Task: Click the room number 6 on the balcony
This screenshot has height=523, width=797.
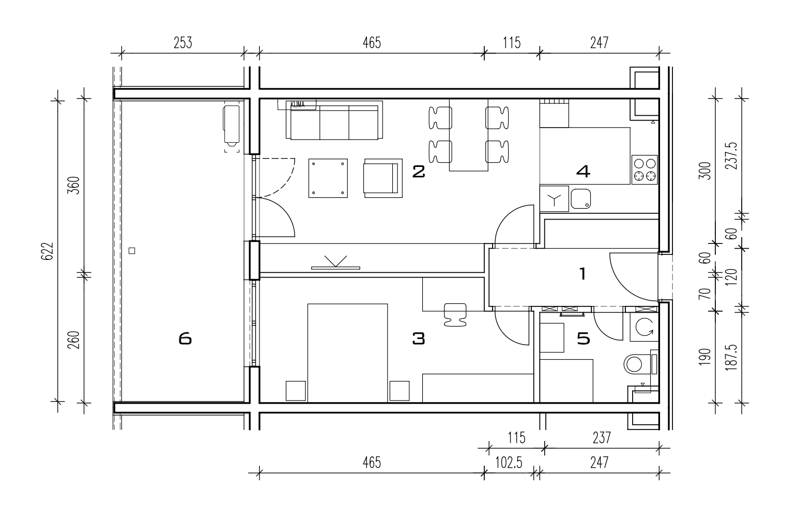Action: (185, 339)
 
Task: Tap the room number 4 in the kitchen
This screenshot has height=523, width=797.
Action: (583, 172)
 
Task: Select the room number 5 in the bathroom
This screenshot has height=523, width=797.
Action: (584, 339)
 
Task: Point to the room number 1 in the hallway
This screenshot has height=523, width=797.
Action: (583, 273)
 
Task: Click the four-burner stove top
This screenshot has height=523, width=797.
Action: (645, 170)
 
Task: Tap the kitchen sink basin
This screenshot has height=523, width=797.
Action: (580, 199)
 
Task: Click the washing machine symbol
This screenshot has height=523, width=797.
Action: (645, 327)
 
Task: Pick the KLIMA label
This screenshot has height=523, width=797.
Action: (297, 104)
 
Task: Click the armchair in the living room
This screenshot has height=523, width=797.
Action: (383, 178)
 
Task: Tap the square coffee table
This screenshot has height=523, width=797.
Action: (328, 178)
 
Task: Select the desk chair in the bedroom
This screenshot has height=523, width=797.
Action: (455, 315)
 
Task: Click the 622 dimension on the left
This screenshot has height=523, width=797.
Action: (48, 251)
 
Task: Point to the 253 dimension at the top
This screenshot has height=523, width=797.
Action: (183, 43)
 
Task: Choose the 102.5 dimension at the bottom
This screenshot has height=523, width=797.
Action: (509, 463)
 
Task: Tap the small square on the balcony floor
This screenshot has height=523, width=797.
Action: (132, 251)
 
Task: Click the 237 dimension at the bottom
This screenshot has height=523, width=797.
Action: (602, 438)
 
